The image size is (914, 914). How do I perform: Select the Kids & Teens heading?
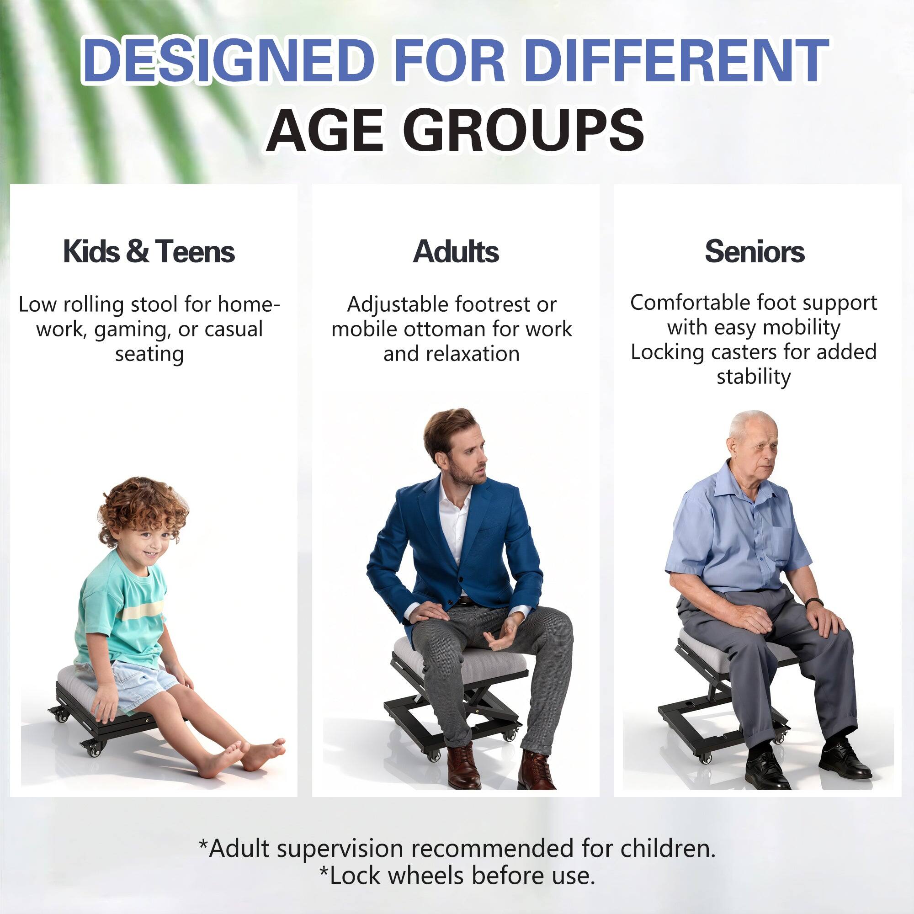click(x=149, y=251)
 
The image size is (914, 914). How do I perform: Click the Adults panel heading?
click(x=456, y=251)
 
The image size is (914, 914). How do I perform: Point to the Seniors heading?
click(x=755, y=251)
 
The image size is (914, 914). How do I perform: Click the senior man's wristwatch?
click(x=815, y=603)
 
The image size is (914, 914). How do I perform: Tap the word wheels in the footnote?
click(x=429, y=876)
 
